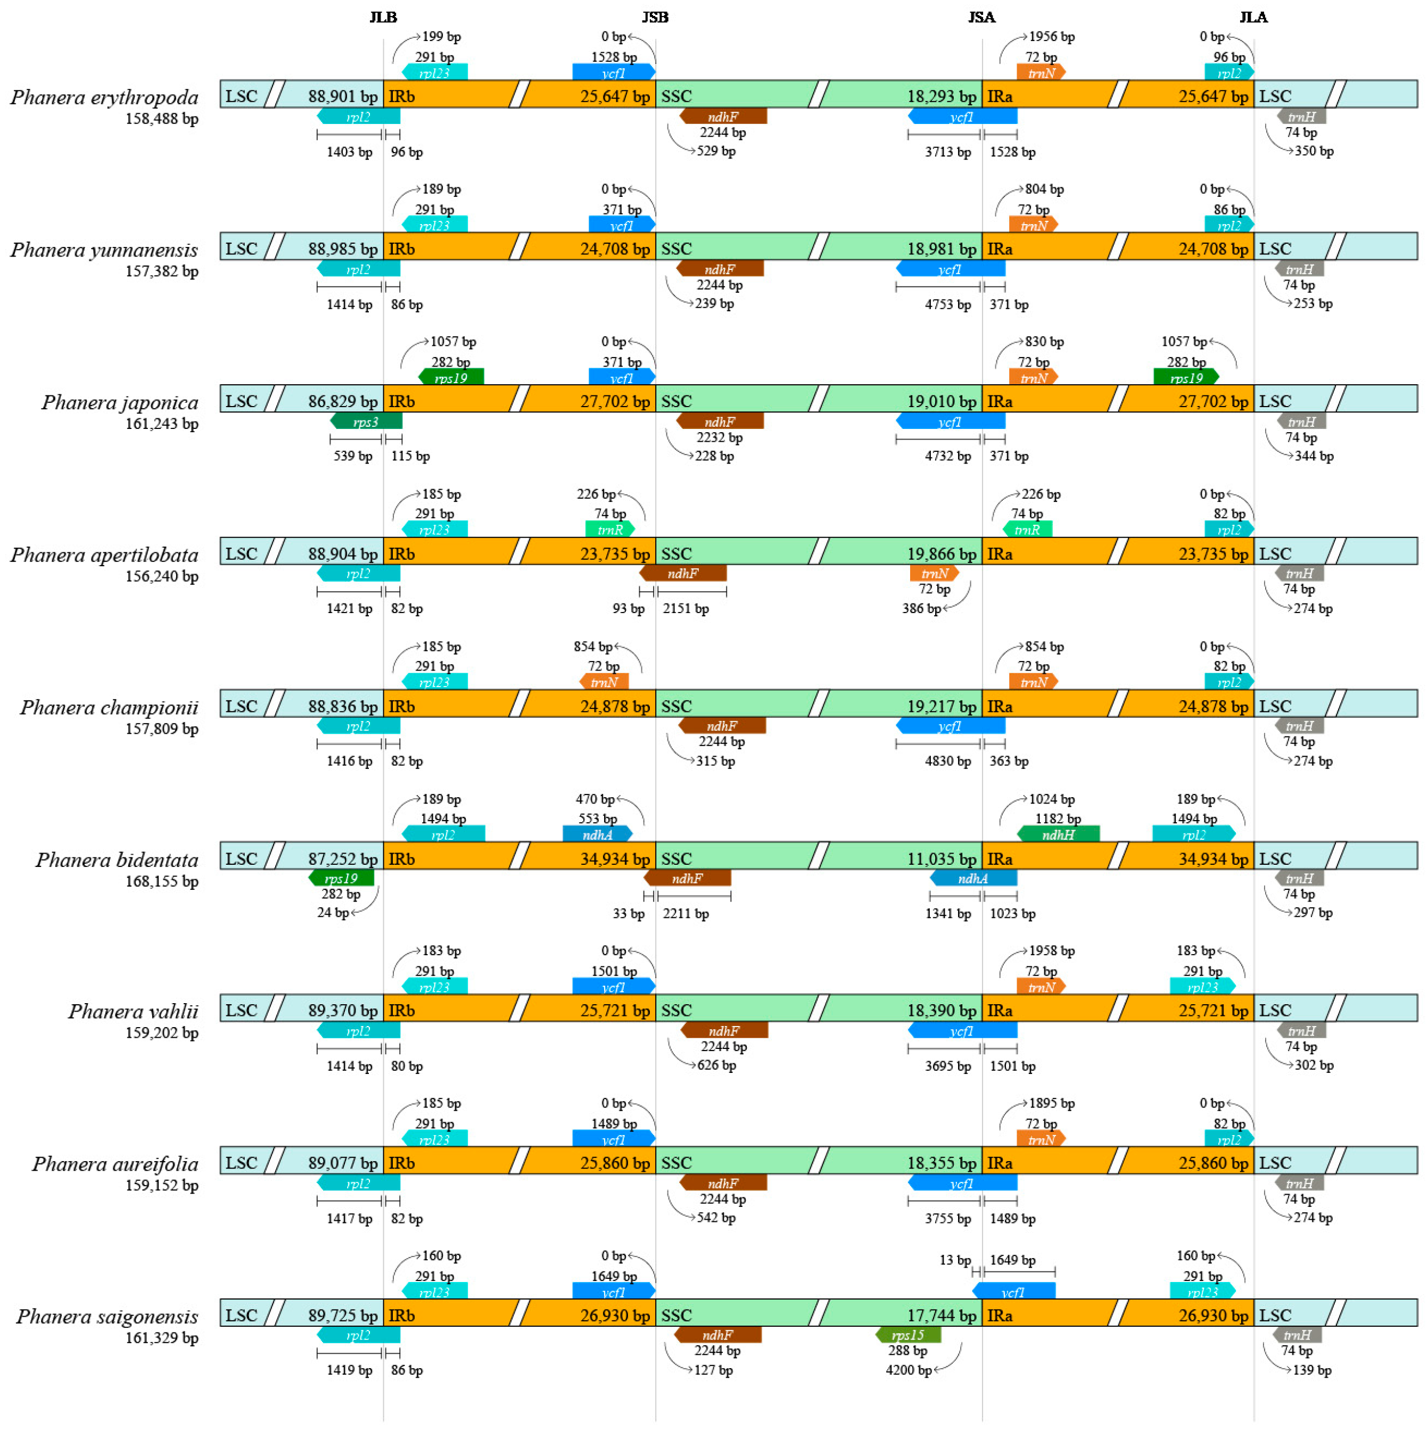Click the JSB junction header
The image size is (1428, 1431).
(x=654, y=17)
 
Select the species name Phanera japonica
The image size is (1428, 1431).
(x=119, y=402)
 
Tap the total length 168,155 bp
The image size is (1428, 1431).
(x=161, y=881)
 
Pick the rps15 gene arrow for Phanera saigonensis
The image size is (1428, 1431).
(x=907, y=1335)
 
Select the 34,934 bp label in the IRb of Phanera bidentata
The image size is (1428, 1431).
(x=614, y=859)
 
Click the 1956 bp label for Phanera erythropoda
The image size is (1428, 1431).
(x=1051, y=36)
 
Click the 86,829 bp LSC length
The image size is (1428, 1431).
(x=342, y=401)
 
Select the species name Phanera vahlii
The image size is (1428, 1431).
(x=133, y=1011)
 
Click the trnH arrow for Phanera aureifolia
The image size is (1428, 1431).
(x=1299, y=1183)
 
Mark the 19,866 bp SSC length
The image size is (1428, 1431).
(x=942, y=554)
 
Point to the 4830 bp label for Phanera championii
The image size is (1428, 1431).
(x=947, y=760)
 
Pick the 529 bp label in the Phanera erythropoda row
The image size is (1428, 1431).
(x=715, y=151)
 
